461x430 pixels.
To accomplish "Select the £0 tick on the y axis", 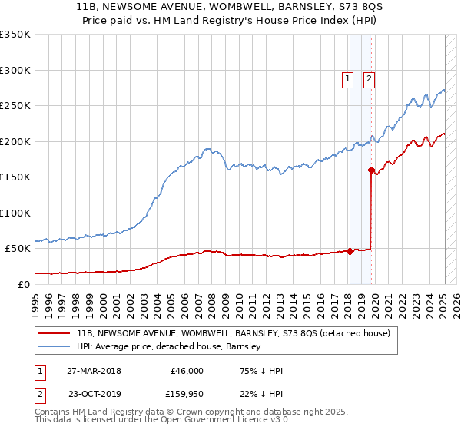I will click(23, 284).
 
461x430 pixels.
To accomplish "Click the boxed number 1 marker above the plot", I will click(347, 78).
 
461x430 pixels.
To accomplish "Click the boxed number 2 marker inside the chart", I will click(369, 78).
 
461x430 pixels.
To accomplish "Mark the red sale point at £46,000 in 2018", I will click(350, 250).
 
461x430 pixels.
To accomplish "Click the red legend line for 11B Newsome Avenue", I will click(53, 334).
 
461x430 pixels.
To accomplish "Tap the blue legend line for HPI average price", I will click(53, 346).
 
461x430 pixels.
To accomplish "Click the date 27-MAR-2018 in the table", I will click(94, 371).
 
